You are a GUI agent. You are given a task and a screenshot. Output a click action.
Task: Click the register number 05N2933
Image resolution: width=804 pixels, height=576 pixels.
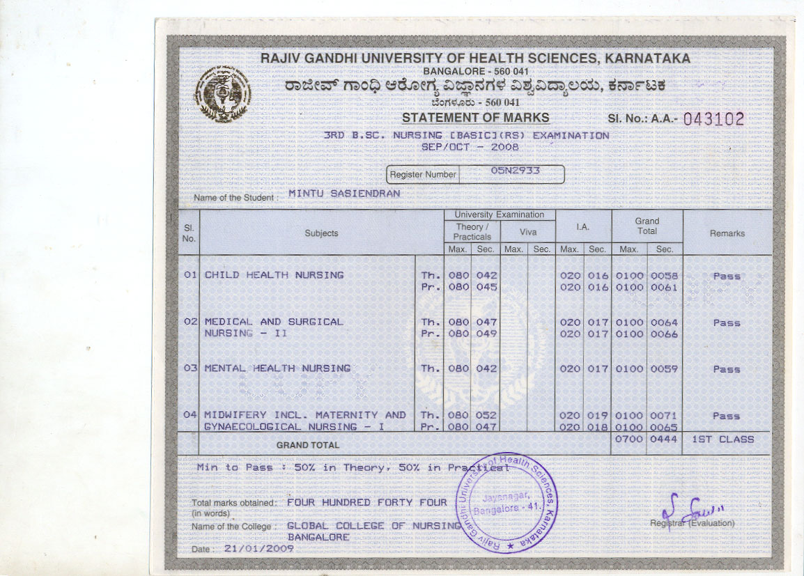point(516,171)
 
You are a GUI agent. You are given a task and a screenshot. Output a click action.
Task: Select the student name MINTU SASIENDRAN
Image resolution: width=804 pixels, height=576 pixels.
point(344,194)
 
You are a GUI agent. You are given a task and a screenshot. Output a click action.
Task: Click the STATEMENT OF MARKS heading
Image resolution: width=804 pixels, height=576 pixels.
point(475,118)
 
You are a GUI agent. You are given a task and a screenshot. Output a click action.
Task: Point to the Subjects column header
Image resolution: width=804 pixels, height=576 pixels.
point(321,233)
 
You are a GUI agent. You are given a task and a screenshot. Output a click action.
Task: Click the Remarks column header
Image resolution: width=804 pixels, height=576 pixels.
point(727,233)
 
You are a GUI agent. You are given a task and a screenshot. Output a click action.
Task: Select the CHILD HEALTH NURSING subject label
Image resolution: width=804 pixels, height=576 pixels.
point(274,275)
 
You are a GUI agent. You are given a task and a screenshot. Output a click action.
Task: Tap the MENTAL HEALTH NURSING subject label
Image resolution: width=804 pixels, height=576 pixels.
point(277,368)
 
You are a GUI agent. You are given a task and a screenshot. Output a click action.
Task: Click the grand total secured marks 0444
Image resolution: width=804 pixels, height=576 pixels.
point(664,439)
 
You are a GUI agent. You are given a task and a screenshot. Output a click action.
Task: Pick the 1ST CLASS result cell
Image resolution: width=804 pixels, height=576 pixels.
point(722,439)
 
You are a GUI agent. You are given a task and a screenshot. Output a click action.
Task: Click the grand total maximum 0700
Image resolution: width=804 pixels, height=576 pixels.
point(629,439)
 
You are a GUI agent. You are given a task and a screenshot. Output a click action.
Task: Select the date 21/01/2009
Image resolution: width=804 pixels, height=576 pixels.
point(258,548)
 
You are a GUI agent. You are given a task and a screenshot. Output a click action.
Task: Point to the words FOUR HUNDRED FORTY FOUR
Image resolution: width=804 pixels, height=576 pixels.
point(366,502)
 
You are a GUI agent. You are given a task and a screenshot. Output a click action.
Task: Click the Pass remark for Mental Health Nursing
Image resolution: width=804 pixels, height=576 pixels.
point(726,369)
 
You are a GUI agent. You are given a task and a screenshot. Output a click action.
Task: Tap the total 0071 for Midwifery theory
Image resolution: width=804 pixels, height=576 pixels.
point(664,415)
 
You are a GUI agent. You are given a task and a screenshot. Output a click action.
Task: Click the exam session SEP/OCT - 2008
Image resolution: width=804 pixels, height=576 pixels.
point(470,148)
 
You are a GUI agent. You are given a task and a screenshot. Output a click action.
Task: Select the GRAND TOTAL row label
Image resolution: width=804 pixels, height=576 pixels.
point(308,445)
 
